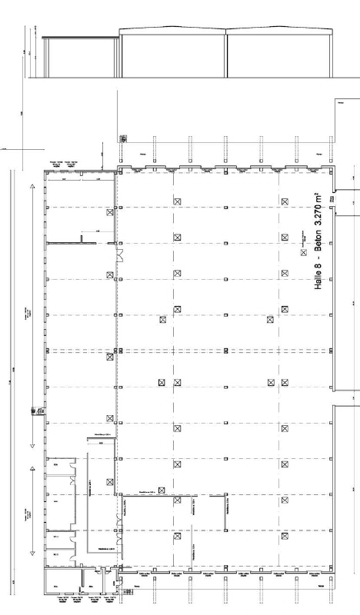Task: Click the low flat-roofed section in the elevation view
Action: pyautogui.click(x=81, y=58)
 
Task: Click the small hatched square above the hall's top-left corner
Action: pyautogui.click(x=123, y=139)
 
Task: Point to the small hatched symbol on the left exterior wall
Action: pyautogui.click(x=35, y=411)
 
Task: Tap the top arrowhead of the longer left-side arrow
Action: pyautogui.click(x=32, y=185)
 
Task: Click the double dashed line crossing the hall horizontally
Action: pyautogui.click(x=223, y=351)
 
